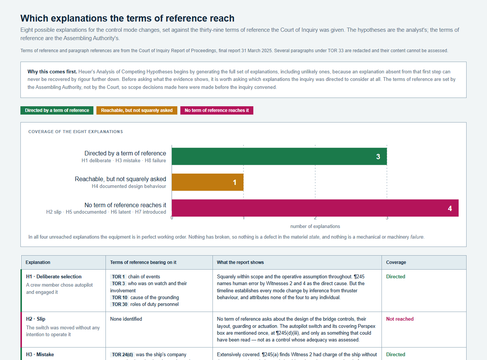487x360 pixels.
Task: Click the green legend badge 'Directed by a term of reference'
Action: [x=57, y=110]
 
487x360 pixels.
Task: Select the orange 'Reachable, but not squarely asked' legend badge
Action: [x=137, y=110]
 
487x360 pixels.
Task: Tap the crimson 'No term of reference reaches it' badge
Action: [x=217, y=110]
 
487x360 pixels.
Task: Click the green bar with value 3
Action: [x=279, y=157]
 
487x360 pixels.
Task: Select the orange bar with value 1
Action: [x=208, y=182]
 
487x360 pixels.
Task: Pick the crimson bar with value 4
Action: [x=315, y=208]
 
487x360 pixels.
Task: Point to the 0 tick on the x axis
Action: [x=172, y=218]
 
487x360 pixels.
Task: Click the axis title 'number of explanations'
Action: [x=315, y=226]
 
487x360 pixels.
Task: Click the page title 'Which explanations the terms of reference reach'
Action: [x=127, y=18]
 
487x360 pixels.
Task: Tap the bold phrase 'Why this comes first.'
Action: [x=52, y=71]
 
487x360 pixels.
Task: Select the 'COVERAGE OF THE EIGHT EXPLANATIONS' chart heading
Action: [x=76, y=132]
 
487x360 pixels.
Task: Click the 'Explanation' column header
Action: [x=38, y=262]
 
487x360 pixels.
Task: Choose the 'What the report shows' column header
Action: [x=240, y=262]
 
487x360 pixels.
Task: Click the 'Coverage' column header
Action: [x=396, y=262]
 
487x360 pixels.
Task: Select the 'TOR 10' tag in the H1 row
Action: [x=119, y=297]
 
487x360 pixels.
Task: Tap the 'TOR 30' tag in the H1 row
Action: [x=119, y=304]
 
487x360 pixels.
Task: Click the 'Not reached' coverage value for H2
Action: [x=400, y=319]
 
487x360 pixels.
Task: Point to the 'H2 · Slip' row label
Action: [x=36, y=319]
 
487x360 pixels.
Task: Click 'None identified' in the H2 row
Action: [x=126, y=319]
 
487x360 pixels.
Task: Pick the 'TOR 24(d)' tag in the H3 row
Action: [x=122, y=354]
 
